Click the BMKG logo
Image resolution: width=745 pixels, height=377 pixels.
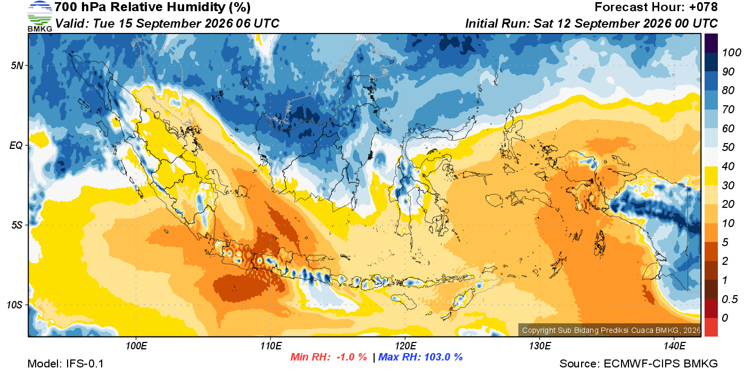[40, 16]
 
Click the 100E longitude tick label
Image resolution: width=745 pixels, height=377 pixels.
[136, 346]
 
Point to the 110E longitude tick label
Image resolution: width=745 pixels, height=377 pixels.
[270, 346]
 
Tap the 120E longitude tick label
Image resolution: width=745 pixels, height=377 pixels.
[405, 346]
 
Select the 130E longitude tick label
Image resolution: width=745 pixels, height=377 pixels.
[540, 346]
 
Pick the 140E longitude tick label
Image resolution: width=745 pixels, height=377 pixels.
[674, 346]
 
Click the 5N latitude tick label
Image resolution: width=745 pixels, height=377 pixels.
[17, 65]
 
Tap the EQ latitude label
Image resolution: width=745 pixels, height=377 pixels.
[16, 145]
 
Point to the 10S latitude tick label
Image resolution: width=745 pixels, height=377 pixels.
[15, 305]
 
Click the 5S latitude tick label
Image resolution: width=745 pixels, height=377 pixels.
[17, 225]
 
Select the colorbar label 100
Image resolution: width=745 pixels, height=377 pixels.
[731, 53]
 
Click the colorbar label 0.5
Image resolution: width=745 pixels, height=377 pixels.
[730, 299]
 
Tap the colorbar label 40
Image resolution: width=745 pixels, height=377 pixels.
[728, 166]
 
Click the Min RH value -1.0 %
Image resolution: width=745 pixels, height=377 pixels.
[352, 357]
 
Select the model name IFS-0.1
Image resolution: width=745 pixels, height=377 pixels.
[85, 364]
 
